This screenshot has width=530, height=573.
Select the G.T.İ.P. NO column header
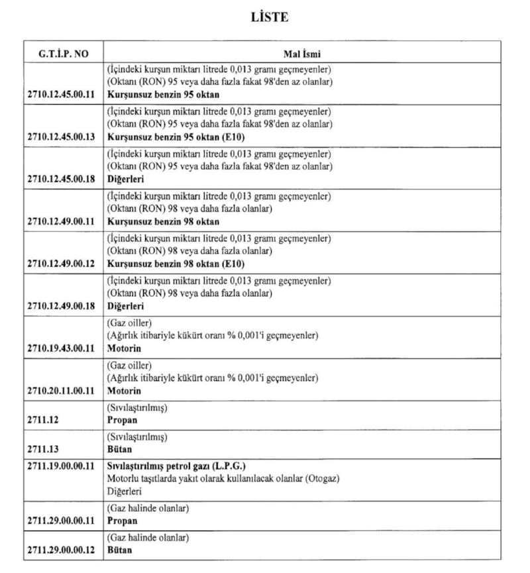click(59, 54)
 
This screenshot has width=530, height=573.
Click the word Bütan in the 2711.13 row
click(120, 449)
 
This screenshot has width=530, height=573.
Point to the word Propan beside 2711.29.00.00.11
click(122, 521)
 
